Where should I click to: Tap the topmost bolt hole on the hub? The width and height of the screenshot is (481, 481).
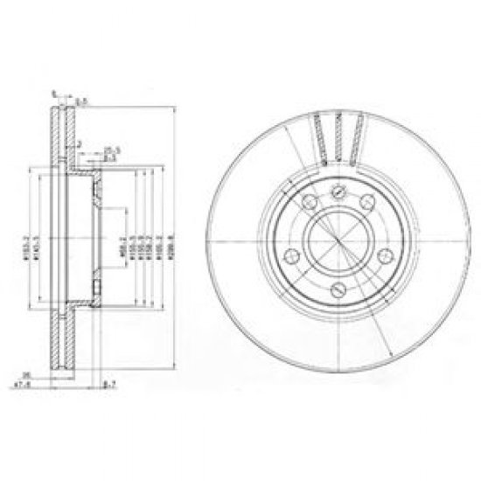(x=336, y=195)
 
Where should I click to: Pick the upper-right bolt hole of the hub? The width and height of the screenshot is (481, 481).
(x=365, y=205)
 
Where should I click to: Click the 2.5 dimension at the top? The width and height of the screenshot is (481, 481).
(x=80, y=102)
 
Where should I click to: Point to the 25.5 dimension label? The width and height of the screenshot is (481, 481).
(x=110, y=150)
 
